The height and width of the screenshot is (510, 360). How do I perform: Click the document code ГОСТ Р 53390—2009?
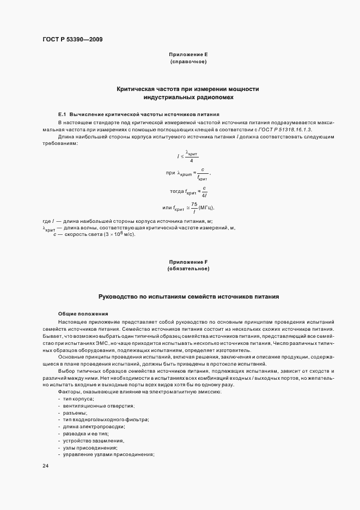pos(72,39)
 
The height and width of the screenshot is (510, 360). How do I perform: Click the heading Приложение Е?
pos(188,54)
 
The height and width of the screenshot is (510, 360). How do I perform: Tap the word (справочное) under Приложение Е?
pos(188,62)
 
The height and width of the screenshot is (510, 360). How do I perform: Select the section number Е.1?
pos(62,114)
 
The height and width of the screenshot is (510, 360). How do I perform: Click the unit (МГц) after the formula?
pos(205,208)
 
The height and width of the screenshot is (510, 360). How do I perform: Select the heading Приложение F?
pos(188,262)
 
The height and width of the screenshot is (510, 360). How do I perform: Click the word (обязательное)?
pos(188,269)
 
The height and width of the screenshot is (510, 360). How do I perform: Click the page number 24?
pos(45,466)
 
